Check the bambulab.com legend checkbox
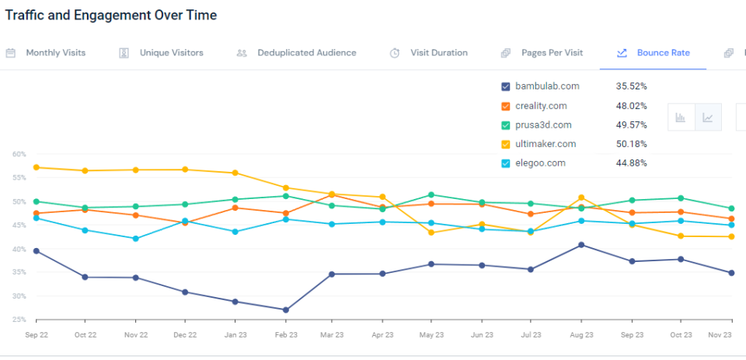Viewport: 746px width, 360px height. point(507,86)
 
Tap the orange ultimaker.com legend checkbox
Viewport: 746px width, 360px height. point(507,144)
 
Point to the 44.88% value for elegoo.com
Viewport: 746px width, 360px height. point(631,163)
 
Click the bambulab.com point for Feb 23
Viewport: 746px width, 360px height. point(286,309)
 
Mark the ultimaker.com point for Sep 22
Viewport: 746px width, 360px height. point(37,167)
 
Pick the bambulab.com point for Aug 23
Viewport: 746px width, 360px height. point(581,245)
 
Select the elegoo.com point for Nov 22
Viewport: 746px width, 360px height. point(136,239)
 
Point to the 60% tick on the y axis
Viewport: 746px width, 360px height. point(19,154)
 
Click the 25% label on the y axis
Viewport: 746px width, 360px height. point(19,320)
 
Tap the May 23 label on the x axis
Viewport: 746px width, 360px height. point(432,335)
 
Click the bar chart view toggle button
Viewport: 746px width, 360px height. point(681,117)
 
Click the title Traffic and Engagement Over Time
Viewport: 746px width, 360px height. point(111,15)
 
